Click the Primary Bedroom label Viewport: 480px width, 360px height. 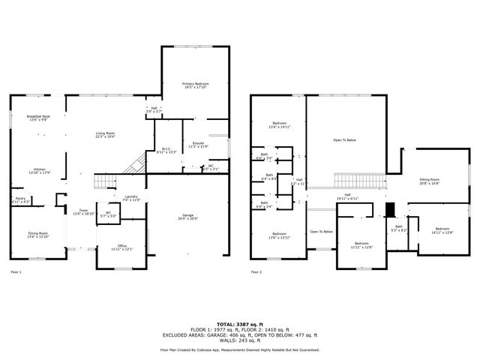pyautogui.click(x=196, y=83)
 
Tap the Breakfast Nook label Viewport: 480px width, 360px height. pyautogui.click(x=38, y=116)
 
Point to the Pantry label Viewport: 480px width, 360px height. pyautogui.click(x=20, y=199)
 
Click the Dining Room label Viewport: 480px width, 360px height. pyautogui.click(x=38, y=233)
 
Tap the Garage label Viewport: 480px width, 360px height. pyautogui.click(x=187, y=216)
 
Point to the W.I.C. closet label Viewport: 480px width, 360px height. pyautogui.click(x=165, y=148)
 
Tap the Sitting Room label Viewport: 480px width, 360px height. pyautogui.click(x=429, y=180)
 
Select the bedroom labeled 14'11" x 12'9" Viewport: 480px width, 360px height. pyautogui.click(x=442, y=229)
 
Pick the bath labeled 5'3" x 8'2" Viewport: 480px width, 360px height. pyautogui.click(x=399, y=227)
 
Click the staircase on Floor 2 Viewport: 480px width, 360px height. pyautogui.click(x=359, y=181)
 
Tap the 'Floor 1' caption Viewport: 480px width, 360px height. pyautogui.click(x=16, y=271)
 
